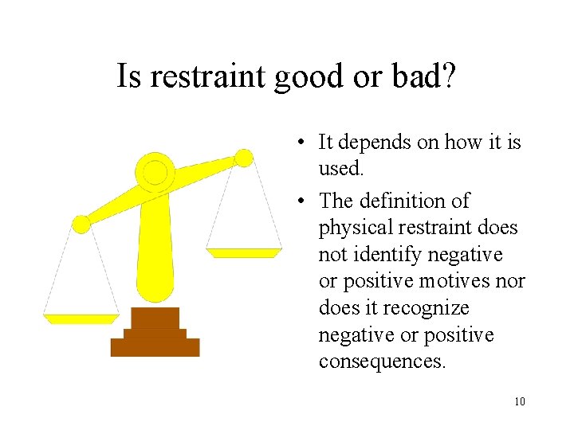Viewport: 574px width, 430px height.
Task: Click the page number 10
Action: coord(520,401)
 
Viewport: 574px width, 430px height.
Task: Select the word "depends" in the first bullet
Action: coord(372,143)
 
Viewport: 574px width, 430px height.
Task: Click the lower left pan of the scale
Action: coord(81,319)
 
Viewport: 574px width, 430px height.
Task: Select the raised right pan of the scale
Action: coord(244,252)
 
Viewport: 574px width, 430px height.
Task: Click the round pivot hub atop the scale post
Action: coord(155,172)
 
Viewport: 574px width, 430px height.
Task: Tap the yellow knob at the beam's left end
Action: coord(81,224)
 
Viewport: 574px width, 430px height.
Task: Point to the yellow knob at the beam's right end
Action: coord(244,158)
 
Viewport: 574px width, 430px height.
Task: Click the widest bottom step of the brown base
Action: coord(155,347)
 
